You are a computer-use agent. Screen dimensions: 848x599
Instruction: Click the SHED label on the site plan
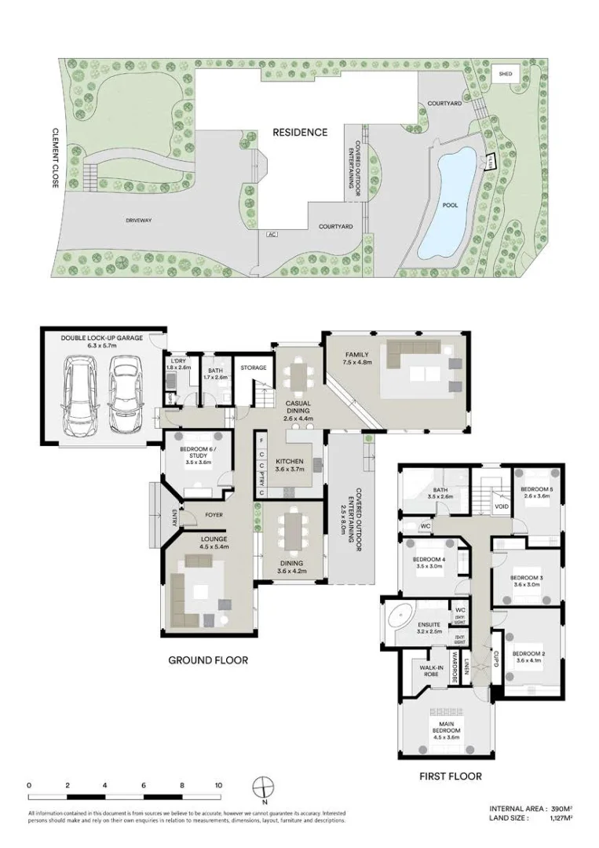point(506,74)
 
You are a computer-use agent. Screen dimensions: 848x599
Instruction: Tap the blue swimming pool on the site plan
point(447,204)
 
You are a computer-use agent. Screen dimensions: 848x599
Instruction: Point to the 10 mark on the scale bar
point(219,784)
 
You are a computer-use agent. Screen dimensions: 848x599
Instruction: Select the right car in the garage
point(124,396)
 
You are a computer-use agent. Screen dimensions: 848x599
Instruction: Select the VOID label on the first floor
point(502,506)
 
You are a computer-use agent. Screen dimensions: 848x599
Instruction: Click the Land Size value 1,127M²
point(559,817)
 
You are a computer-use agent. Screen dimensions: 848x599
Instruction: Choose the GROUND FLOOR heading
point(208,660)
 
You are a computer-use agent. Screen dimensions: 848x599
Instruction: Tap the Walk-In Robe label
point(429,671)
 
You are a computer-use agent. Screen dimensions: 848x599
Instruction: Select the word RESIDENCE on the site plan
point(300,132)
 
